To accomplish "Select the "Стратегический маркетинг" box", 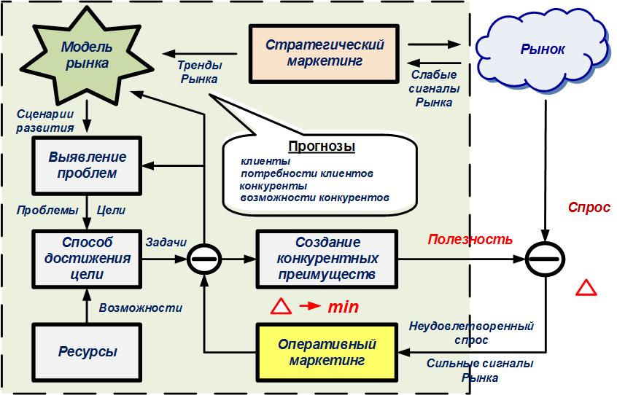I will [325, 53].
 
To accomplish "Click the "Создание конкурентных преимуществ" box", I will [327, 259].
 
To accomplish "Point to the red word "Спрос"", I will [589, 208].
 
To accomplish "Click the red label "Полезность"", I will [470, 240].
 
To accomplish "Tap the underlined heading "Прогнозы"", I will [322, 146].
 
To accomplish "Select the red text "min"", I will [343, 307].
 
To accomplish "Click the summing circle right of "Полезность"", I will [545, 259].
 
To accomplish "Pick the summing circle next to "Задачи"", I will [203, 259].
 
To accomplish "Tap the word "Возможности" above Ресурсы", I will [141, 308].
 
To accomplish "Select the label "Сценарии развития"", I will [45, 121].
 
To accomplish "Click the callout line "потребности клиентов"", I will [306, 173].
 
